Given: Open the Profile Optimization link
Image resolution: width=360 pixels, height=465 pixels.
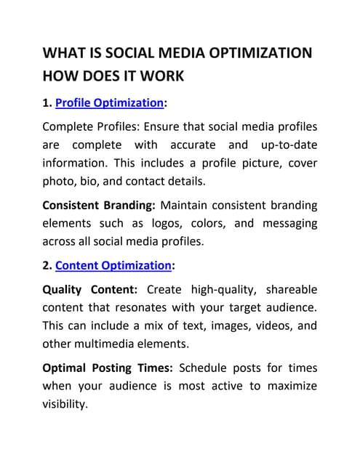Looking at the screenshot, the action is click(x=115, y=103).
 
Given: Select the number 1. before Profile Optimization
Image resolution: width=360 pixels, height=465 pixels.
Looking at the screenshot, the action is click(x=48, y=103).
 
